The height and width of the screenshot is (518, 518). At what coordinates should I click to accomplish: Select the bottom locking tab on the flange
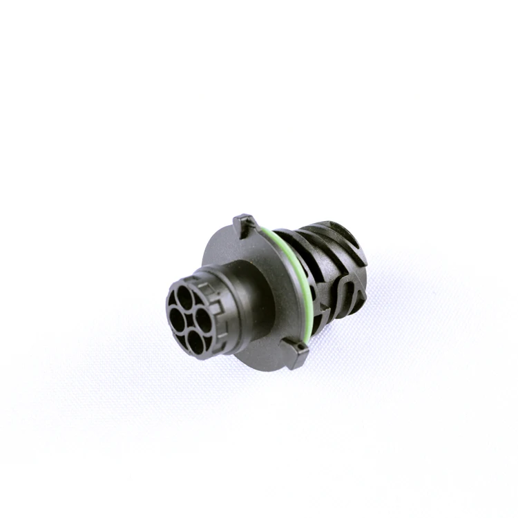tap(298, 354)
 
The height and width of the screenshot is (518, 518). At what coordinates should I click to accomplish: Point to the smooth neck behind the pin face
tap(238, 304)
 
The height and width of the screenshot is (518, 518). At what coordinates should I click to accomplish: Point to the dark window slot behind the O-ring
tap(314, 304)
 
